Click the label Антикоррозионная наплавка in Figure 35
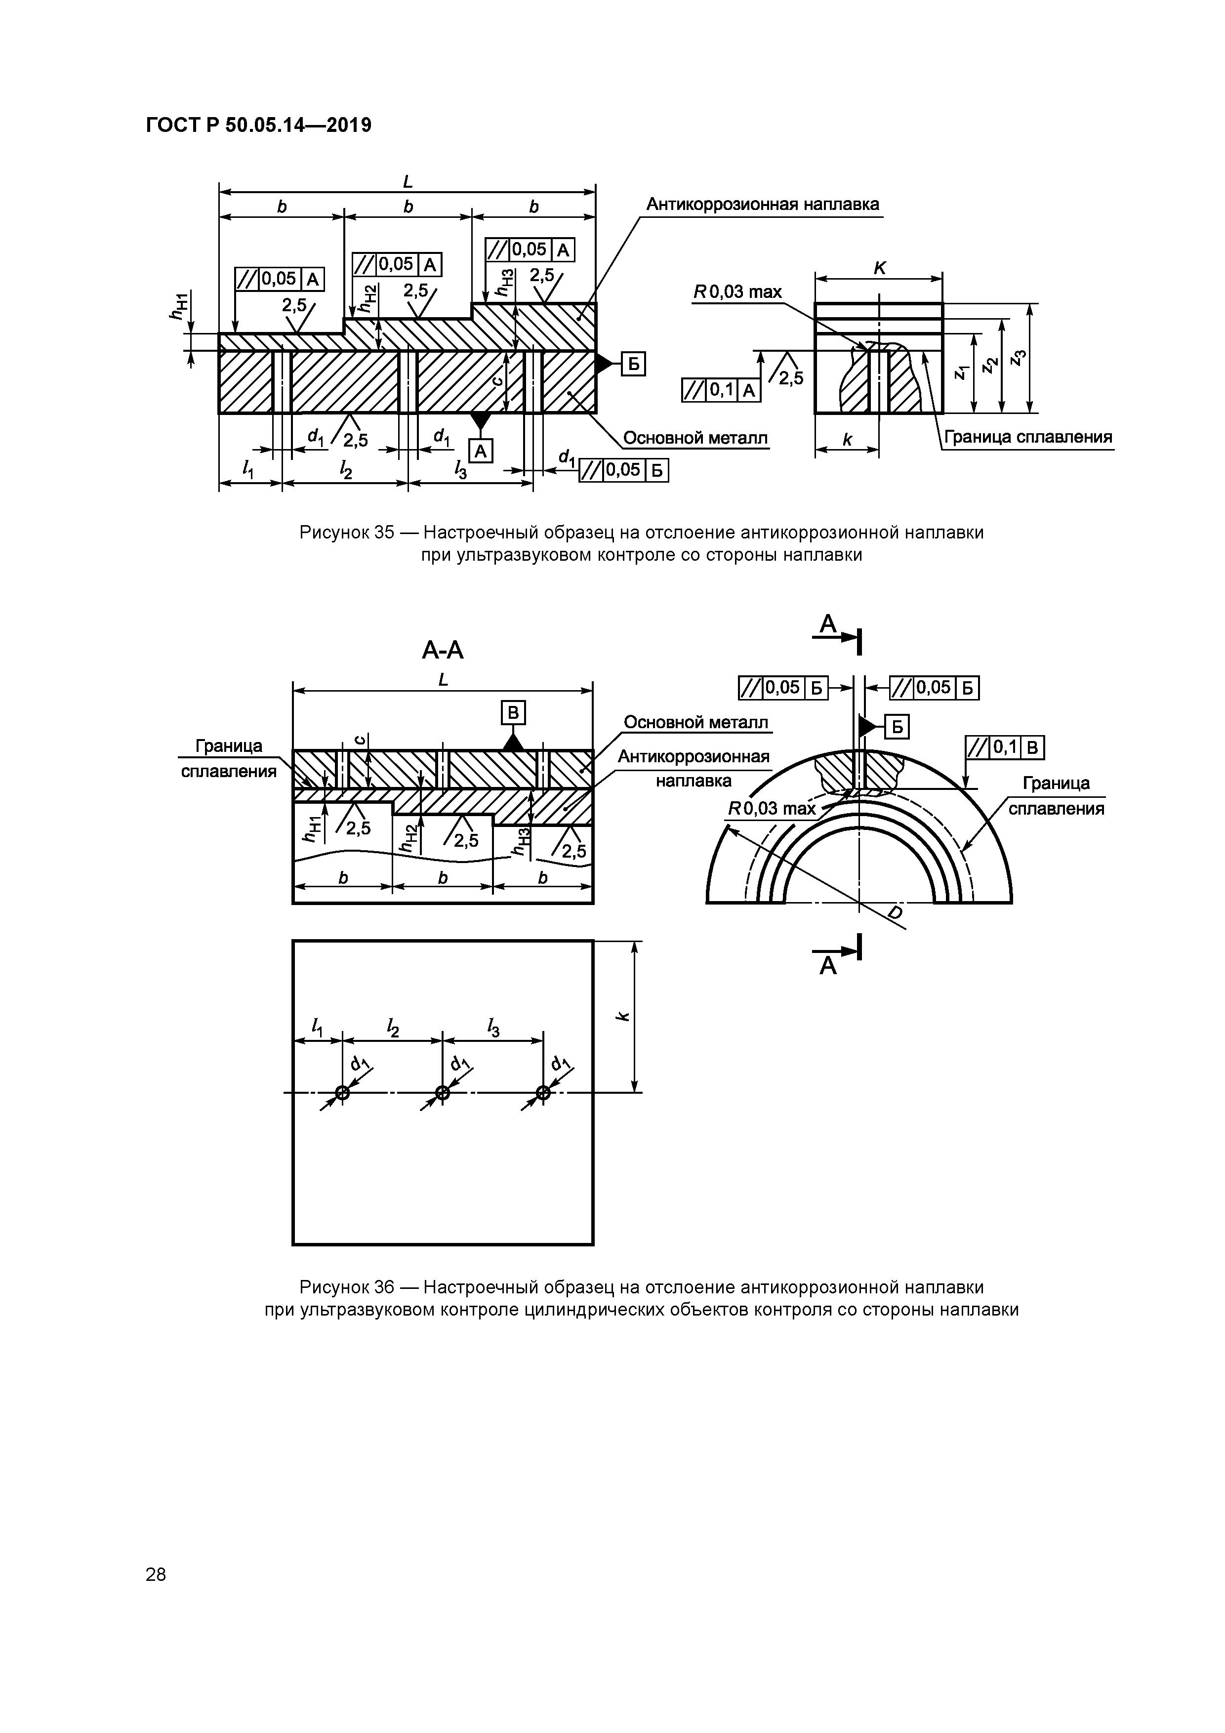[x=762, y=205]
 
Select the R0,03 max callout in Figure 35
[x=737, y=292]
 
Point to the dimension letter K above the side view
[x=879, y=268]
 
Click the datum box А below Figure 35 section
[x=481, y=451]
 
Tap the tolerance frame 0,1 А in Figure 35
[x=721, y=389]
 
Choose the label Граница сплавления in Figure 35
[x=1028, y=438]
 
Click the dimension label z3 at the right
[x=1020, y=358]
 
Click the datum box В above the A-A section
[x=513, y=712]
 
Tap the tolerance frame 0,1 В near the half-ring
[x=1005, y=748]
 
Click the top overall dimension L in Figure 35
[x=408, y=182]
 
